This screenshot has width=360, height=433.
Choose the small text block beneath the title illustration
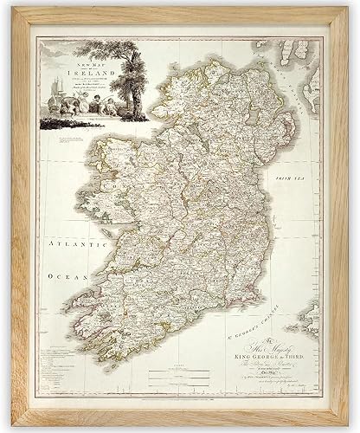click(x=71, y=140)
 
